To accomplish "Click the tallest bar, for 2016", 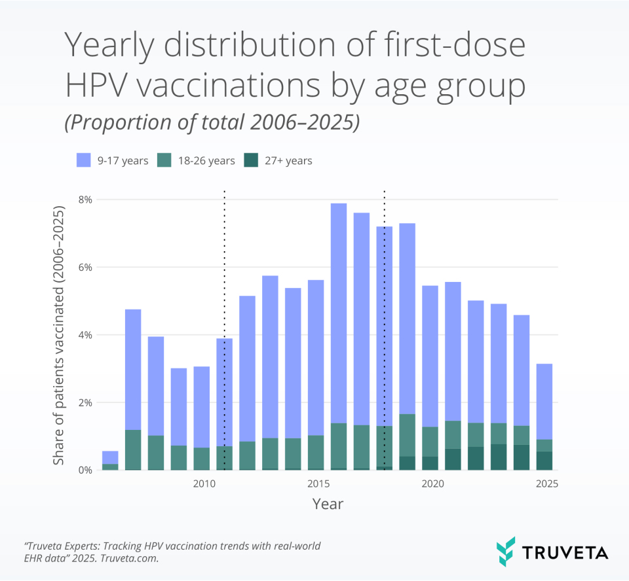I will tap(338, 327).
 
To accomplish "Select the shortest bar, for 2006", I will tap(110, 457).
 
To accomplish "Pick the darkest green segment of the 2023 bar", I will tap(499, 457).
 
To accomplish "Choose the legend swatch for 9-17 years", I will tap(83, 160).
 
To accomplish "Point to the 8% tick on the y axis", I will tap(85, 200).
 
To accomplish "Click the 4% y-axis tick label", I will tap(85, 335).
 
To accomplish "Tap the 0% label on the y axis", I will tap(85, 470).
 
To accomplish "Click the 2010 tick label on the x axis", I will tap(204, 484).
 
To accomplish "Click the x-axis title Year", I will tap(327, 504).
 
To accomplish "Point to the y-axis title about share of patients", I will tap(59, 336).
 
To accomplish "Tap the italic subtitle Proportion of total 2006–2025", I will tap(212, 124).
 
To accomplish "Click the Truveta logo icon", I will tap(506, 552).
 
